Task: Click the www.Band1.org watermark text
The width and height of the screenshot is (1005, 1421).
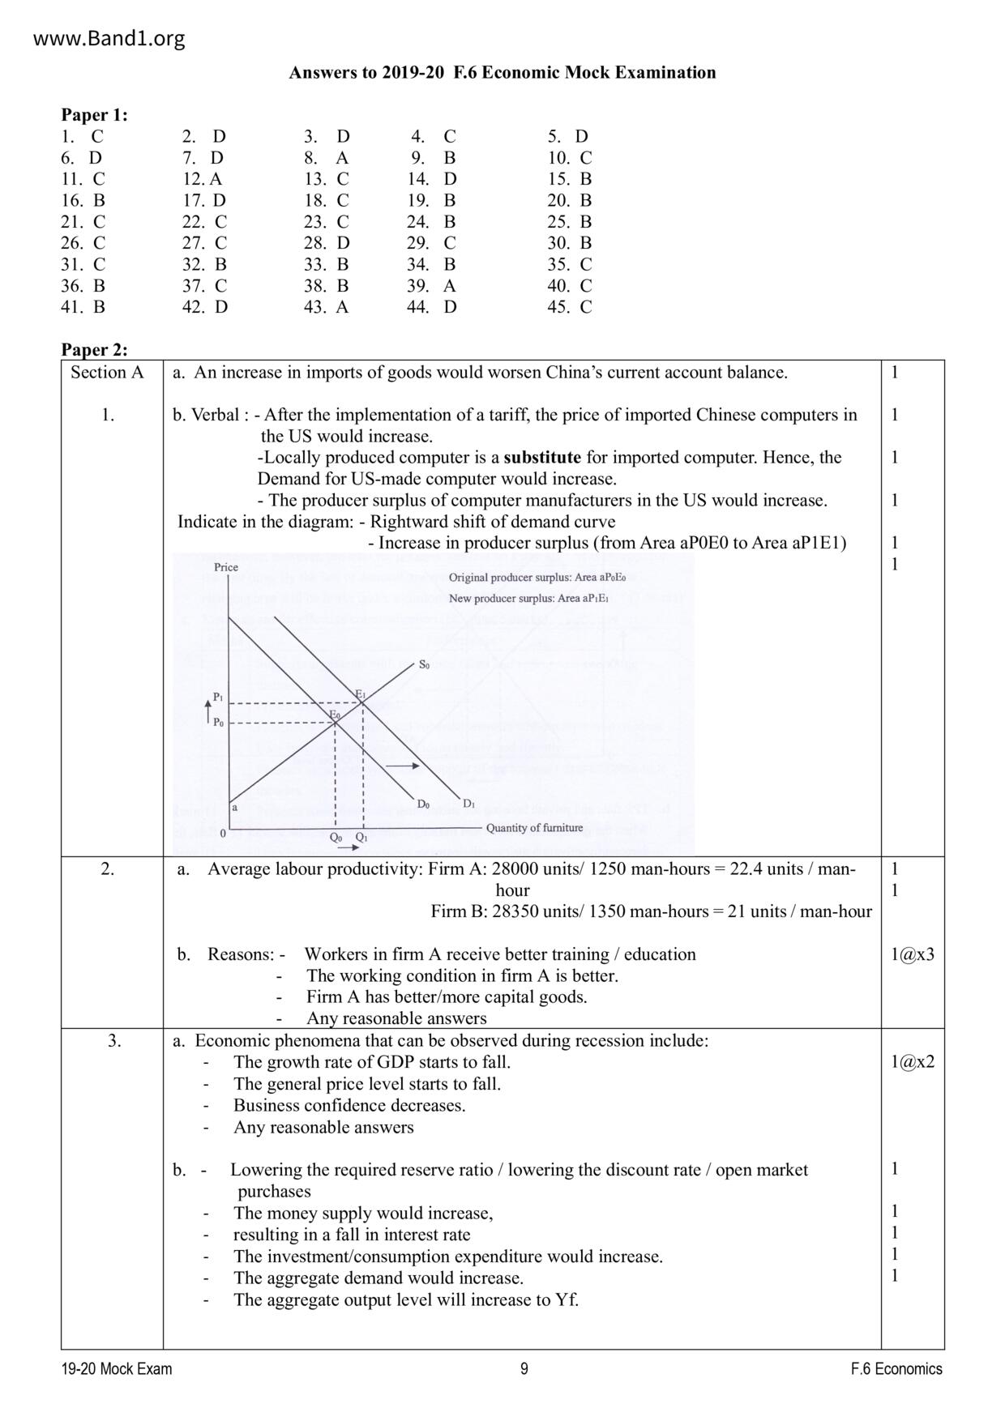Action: [x=109, y=38]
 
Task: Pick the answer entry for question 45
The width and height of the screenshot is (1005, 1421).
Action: [x=570, y=307]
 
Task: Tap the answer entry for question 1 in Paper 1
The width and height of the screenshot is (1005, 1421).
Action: [x=83, y=136]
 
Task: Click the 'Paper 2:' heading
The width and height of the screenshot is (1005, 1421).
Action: [x=95, y=350]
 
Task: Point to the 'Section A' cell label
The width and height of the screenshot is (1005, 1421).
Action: [x=107, y=373]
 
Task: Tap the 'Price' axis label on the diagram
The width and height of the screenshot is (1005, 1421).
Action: [x=226, y=567]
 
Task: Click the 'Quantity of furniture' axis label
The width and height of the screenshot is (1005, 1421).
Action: [x=534, y=828]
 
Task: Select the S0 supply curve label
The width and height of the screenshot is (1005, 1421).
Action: [x=424, y=665]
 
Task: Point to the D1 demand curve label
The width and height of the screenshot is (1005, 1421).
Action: [x=468, y=804]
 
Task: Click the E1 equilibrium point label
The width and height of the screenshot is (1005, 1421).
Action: [x=361, y=694]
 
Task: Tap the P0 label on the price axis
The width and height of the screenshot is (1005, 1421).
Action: [x=218, y=723]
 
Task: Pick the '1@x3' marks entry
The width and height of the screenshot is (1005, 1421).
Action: [x=912, y=954]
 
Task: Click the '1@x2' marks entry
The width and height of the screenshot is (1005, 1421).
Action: [x=912, y=1062]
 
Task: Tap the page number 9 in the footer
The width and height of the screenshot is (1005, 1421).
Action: [x=524, y=1369]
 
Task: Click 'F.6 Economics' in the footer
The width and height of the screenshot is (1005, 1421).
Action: [x=896, y=1369]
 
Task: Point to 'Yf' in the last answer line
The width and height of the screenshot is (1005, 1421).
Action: [x=566, y=1300]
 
